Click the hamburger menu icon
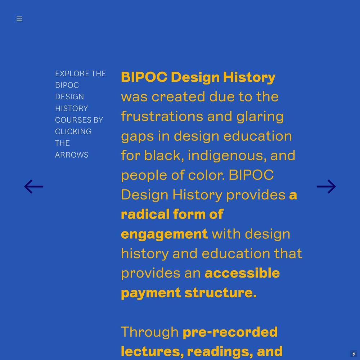19,19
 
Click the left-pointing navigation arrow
34,186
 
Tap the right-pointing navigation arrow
326,186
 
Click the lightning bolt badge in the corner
354,354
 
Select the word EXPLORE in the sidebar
72,74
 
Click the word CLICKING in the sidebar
73,131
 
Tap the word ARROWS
72,155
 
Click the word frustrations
162,116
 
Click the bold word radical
145,214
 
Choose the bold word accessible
242,273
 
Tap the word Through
150,332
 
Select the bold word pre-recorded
230,332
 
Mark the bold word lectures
152,352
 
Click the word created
178,96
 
